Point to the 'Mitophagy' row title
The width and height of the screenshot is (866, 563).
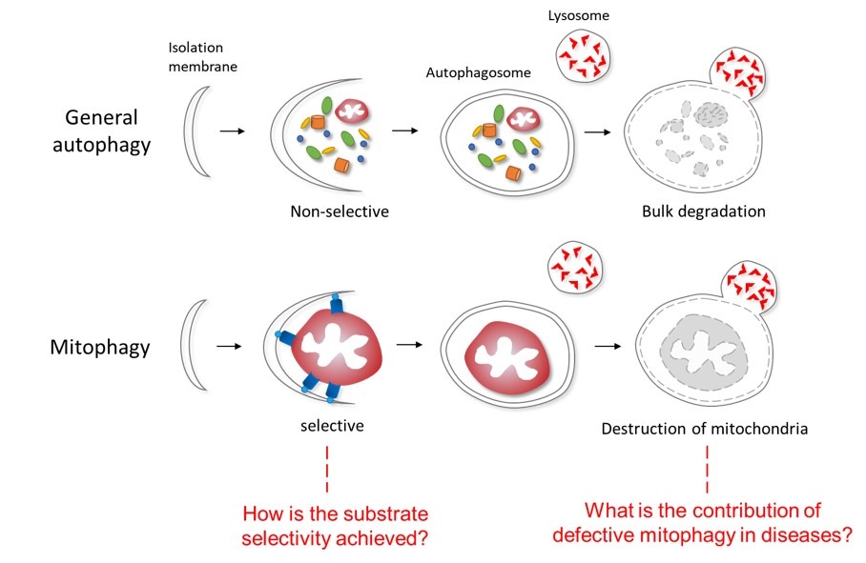click(98, 347)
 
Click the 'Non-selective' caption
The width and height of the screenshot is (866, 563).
click(340, 211)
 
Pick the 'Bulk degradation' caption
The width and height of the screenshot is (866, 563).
click(704, 211)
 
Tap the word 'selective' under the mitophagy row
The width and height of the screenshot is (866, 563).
click(331, 427)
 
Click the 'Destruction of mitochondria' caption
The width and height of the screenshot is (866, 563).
click(705, 429)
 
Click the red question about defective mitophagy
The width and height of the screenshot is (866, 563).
click(704, 523)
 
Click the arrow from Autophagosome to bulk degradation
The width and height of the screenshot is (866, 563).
click(599, 131)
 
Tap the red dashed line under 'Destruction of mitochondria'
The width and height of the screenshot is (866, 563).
click(707, 466)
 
